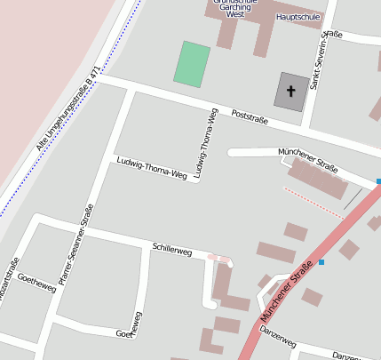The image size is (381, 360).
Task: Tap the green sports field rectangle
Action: pyautogui.click(x=192, y=64)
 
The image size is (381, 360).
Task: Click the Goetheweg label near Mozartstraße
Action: pyautogui.click(x=36, y=279)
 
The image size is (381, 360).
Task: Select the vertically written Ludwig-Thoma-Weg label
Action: pyautogui.click(x=205, y=143)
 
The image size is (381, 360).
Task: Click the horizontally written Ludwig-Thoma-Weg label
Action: pyautogui.click(x=152, y=165)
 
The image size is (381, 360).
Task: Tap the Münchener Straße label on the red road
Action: pyautogui.click(x=287, y=291)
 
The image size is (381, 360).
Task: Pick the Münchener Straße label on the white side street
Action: pyautogui.click(x=307, y=160)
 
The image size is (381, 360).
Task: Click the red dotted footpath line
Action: pyautogui.click(x=313, y=202)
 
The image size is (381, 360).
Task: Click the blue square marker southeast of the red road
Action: pyautogui.click(x=321, y=262)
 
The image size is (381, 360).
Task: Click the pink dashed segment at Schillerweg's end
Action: pyautogui.click(x=219, y=259)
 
